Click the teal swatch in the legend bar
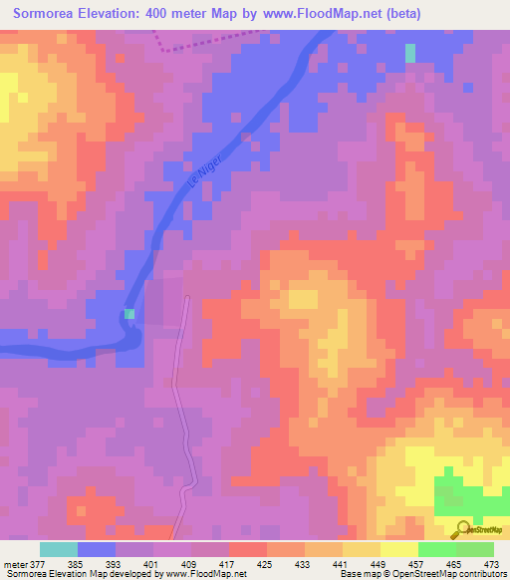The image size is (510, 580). point(58,549)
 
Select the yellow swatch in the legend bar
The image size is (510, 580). point(398,549)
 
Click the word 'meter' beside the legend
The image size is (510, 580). point(14,564)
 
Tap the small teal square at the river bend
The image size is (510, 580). point(129,314)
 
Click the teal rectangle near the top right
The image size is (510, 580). point(410,53)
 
